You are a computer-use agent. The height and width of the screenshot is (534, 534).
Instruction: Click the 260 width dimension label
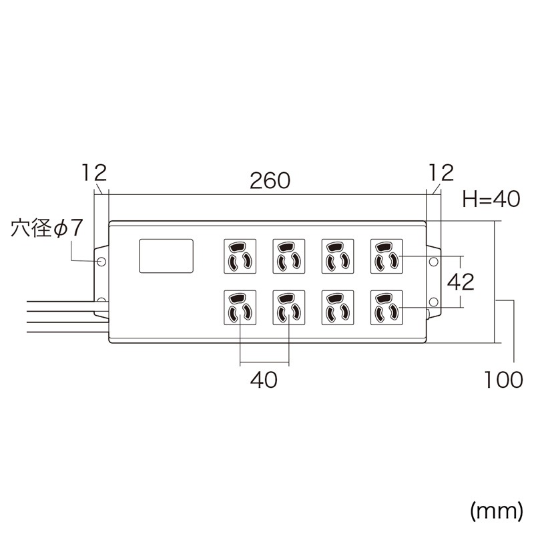[270, 180]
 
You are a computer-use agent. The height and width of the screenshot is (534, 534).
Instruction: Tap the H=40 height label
[491, 199]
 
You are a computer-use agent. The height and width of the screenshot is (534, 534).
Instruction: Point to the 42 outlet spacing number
[460, 282]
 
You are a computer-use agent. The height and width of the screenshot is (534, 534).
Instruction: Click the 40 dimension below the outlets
[264, 380]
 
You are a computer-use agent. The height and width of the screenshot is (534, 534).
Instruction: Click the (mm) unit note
[496, 511]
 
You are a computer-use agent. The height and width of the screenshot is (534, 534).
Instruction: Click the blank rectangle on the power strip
[166, 256]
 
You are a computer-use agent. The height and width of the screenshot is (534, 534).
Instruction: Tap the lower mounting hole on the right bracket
[433, 302]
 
